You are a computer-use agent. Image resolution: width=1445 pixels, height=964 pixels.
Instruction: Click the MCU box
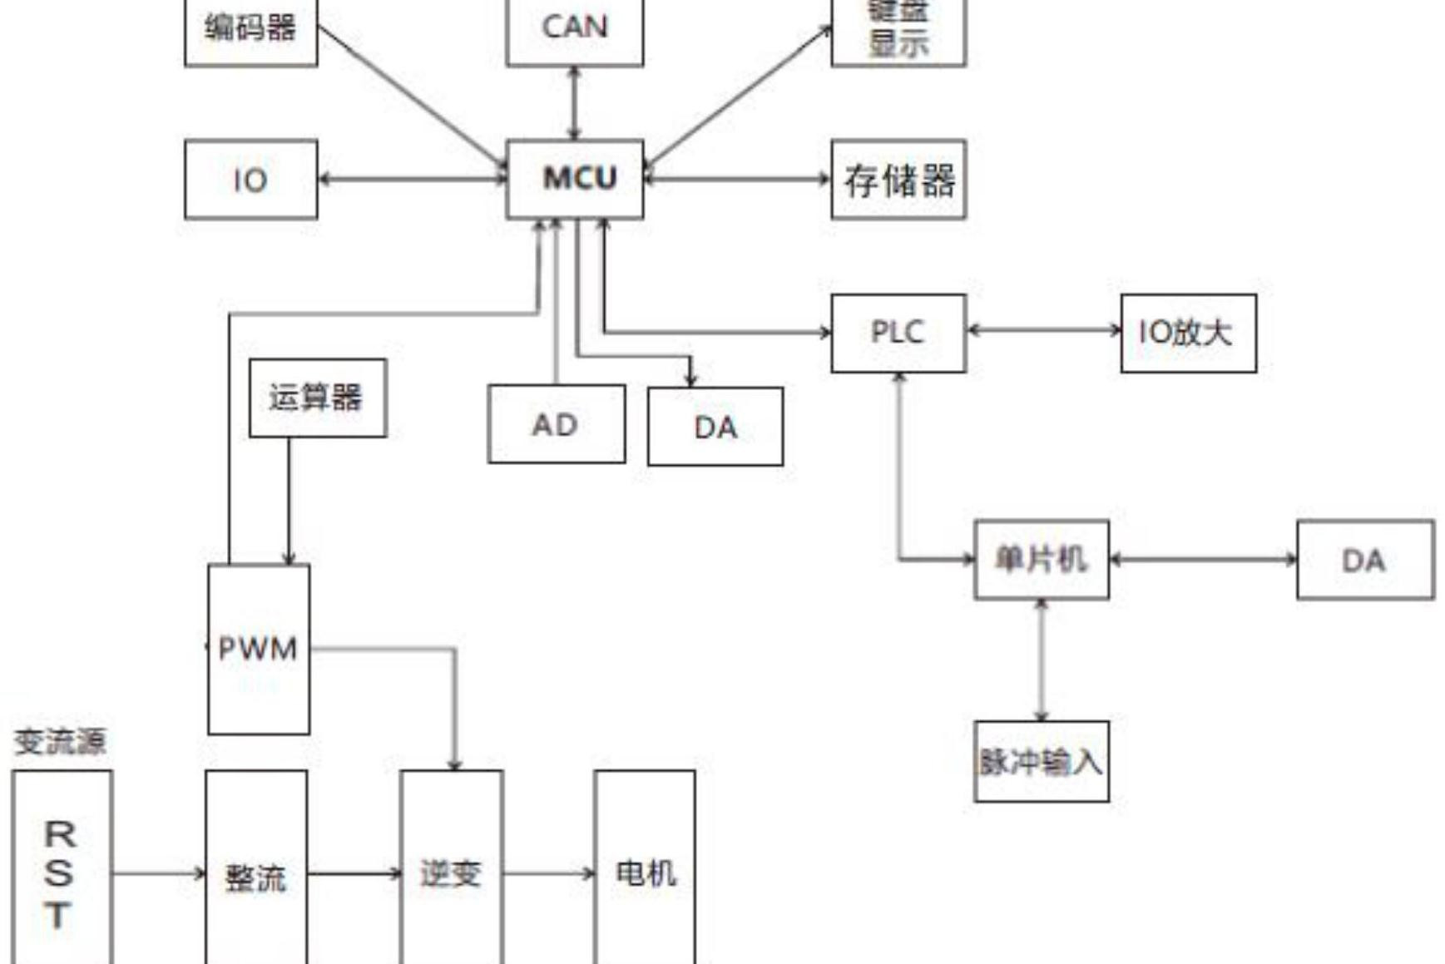[x=575, y=178]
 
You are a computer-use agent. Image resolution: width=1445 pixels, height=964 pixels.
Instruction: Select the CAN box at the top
[x=575, y=29]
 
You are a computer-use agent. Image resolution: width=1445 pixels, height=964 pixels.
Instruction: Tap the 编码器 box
[x=250, y=30]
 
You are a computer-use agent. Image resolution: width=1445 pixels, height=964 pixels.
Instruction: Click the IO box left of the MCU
[x=250, y=179]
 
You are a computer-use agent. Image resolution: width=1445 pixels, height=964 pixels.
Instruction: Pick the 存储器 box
[x=898, y=179]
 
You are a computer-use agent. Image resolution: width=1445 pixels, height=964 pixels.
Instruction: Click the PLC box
[x=898, y=332]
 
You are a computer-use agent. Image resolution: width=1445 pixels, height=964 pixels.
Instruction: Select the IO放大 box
[x=1188, y=332]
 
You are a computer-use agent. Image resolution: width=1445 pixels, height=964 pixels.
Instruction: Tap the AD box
[x=556, y=424]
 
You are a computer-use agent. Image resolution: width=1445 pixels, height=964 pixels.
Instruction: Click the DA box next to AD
[x=715, y=426]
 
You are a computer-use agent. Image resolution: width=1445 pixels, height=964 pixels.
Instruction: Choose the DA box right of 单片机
[x=1365, y=560]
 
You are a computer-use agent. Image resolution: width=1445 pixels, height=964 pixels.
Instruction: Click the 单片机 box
[x=1041, y=559]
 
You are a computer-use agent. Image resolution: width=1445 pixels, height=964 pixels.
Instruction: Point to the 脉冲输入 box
[x=1041, y=761]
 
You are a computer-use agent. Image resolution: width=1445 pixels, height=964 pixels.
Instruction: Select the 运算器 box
[x=317, y=398]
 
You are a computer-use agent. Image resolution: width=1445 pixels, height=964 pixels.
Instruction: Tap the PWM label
[x=258, y=649]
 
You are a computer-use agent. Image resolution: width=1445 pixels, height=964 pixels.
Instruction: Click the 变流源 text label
[x=60, y=741]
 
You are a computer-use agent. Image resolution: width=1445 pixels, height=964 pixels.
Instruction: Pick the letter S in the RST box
[x=58, y=873]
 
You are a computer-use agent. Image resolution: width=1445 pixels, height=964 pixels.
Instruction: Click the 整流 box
[x=256, y=876]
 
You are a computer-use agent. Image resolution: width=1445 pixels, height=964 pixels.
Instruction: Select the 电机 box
[x=645, y=873]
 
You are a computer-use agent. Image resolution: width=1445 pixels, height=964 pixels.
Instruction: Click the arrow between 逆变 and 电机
[x=549, y=873]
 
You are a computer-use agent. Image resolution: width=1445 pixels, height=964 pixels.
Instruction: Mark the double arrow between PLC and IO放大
[x=1043, y=330]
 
